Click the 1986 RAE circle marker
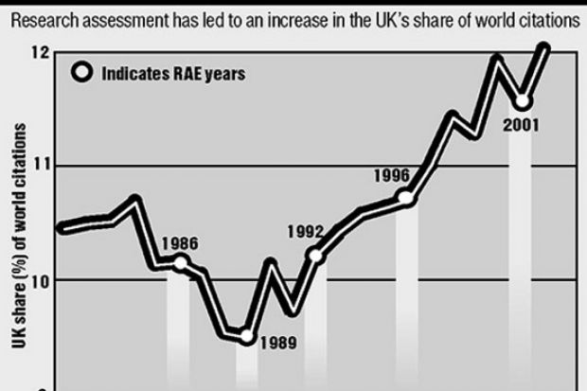click(x=180, y=262)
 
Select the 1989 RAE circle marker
click(x=246, y=335)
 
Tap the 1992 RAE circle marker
click(x=316, y=256)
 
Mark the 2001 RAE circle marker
click(x=523, y=101)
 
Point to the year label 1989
click(x=278, y=344)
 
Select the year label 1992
click(x=306, y=231)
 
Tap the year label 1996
click(x=391, y=175)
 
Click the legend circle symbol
click(x=83, y=72)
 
